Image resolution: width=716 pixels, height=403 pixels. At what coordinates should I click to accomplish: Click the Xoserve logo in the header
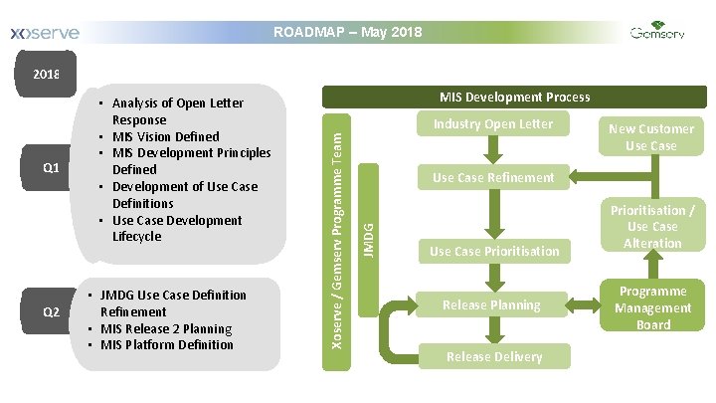44,34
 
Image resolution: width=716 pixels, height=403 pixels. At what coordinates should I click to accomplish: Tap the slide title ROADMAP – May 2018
347,33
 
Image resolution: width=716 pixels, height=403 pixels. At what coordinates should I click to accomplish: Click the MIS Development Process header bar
514,97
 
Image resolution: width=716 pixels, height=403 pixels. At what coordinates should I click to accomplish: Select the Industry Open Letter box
492,124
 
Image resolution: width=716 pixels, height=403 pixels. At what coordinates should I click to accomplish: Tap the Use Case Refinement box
492,177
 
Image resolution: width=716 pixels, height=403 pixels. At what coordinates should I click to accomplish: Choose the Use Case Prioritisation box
494,251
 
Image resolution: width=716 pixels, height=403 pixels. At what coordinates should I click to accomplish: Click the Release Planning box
492,304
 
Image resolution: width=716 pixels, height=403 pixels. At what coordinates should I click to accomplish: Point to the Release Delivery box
494,356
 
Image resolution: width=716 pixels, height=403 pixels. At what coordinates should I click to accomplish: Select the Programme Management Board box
652,307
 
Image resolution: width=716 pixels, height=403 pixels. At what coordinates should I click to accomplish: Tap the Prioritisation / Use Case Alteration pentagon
652,227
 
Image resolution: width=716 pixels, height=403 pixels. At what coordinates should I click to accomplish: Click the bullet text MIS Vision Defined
165,136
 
